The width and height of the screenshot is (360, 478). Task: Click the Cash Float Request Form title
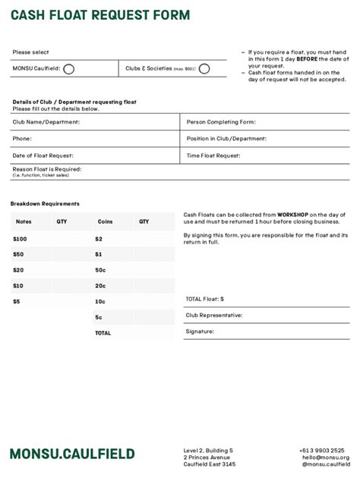tap(100, 15)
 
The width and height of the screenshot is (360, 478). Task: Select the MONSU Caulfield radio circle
tap(68, 69)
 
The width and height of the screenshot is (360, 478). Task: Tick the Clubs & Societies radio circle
tap(204, 69)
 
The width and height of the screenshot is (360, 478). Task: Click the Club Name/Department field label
tap(46, 121)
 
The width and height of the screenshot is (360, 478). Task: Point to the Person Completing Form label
tap(221, 121)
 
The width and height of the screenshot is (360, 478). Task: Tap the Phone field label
tap(22, 139)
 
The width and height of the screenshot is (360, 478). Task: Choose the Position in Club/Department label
tap(226, 139)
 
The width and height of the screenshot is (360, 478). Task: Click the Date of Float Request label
tap(43, 156)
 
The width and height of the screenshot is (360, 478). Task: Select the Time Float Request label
tap(213, 156)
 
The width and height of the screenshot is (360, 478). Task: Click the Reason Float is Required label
tap(46, 169)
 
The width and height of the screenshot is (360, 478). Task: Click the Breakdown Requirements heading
tap(45, 203)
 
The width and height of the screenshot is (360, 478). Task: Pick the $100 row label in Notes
tap(19, 238)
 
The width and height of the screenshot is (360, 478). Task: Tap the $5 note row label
tap(17, 301)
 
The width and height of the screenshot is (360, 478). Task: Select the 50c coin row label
tap(99, 270)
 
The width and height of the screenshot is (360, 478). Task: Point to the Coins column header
tap(105, 222)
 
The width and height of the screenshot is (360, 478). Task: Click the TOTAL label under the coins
tap(103, 333)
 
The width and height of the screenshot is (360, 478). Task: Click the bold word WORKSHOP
tap(292, 215)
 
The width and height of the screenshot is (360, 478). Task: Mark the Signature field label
tap(200, 332)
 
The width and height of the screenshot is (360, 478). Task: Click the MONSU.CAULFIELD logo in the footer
tap(72, 454)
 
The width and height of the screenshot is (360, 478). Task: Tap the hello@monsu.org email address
tap(325, 458)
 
